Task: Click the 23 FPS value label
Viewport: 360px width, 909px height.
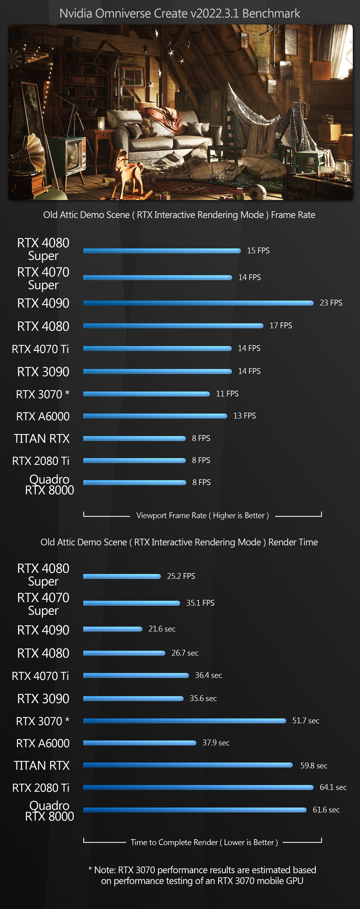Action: pyautogui.click(x=331, y=303)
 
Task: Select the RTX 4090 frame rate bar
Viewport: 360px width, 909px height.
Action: pyautogui.click(x=198, y=303)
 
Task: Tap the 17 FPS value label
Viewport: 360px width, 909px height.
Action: pyautogui.click(x=280, y=325)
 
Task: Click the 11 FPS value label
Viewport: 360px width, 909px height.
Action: pyautogui.click(x=227, y=394)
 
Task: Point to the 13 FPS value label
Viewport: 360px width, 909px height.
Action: pyautogui.click(x=244, y=415)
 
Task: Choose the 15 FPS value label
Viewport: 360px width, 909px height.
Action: pyautogui.click(x=258, y=250)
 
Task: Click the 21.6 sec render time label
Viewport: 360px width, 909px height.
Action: pyautogui.click(x=162, y=629)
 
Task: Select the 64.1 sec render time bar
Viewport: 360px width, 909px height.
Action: pyautogui.click(x=198, y=787)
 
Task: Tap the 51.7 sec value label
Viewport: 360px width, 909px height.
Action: pyautogui.click(x=306, y=721)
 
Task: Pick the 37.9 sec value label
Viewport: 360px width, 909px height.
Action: pyautogui.click(x=216, y=743)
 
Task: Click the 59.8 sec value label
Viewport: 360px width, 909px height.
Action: pyautogui.click(x=313, y=766)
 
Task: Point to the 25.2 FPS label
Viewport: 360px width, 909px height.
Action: pyautogui.click(x=181, y=576)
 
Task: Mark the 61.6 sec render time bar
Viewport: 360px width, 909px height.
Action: pyautogui.click(x=195, y=810)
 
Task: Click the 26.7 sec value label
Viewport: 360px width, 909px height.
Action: pyautogui.click(x=185, y=653)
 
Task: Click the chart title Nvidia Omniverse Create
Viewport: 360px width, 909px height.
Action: pyautogui.click(x=180, y=13)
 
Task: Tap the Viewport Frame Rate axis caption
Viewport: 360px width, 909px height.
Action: pyautogui.click(x=202, y=516)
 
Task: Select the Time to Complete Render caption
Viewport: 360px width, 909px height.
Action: pyautogui.click(x=204, y=843)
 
